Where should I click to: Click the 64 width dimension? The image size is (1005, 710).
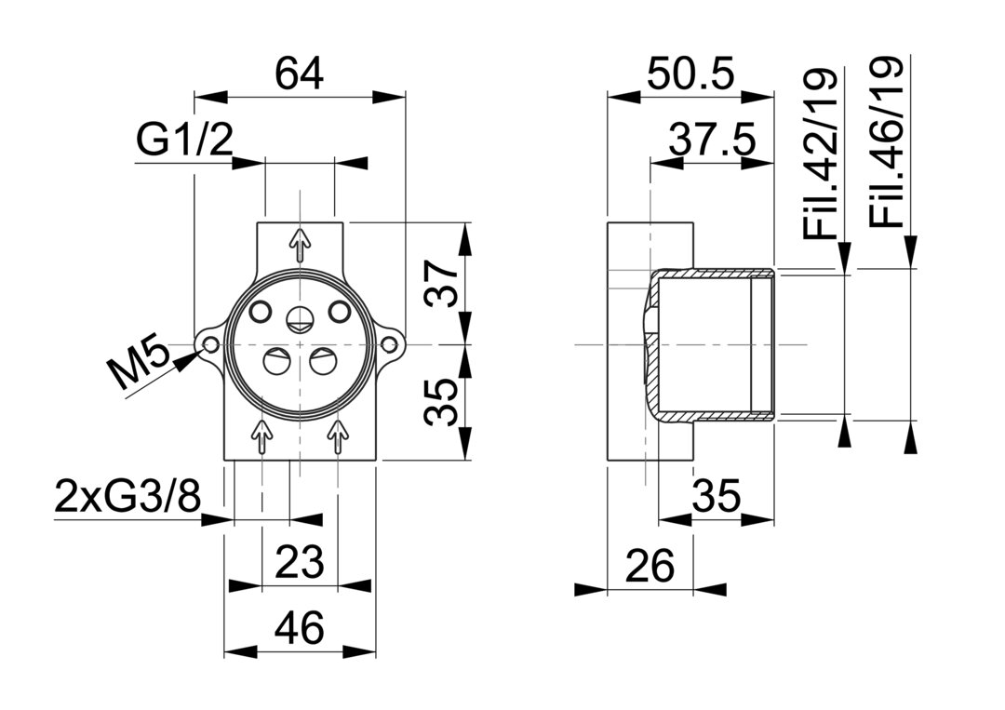(300, 74)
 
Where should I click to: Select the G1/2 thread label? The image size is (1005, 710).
(183, 141)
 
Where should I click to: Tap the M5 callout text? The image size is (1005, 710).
(139, 366)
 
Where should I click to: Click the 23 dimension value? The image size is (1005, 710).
(300, 562)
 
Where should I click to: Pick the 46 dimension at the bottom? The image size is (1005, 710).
(300, 628)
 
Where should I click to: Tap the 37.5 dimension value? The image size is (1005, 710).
(712, 141)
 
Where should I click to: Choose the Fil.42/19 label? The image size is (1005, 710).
(821, 154)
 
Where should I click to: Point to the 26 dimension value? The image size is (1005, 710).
(650, 566)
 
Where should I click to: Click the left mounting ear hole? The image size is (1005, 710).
(211, 346)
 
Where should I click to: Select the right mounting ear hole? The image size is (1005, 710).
(390, 346)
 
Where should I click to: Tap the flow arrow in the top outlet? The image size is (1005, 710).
(300, 244)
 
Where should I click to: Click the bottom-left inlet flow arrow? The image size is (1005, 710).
(262, 435)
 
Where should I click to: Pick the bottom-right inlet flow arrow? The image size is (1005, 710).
(339, 435)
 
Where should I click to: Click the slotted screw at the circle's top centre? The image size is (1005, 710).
(300, 318)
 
